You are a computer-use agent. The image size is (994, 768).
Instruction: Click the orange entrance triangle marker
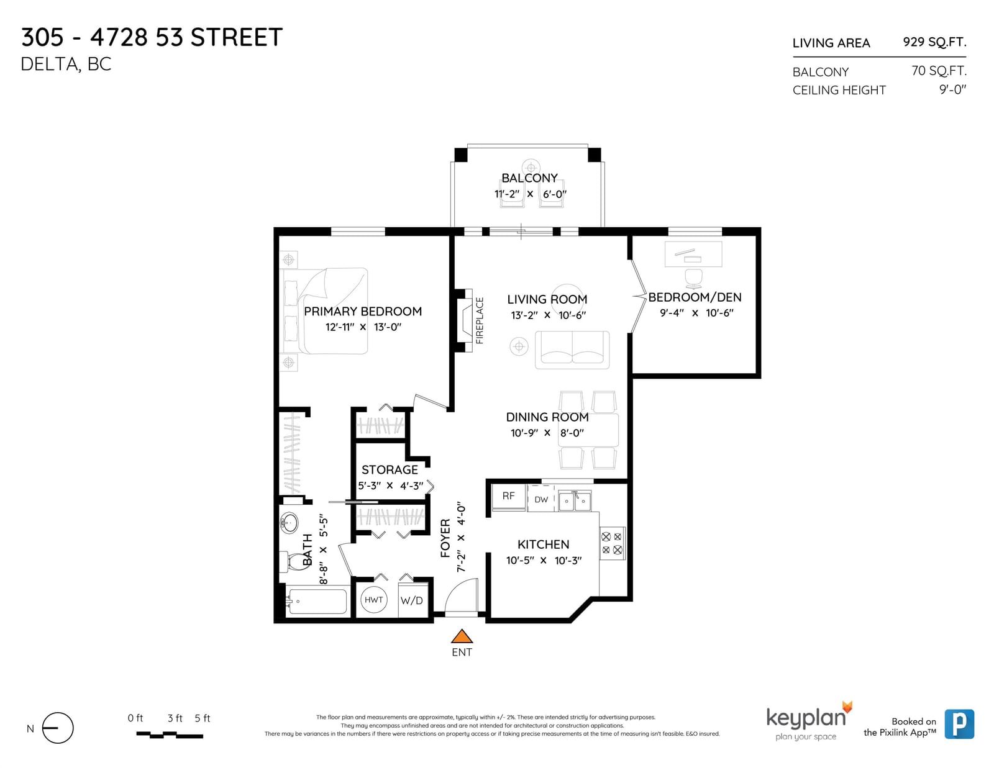tap(462, 637)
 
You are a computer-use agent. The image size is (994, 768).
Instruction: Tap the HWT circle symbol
tap(374, 600)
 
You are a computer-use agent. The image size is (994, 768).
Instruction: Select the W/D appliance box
tap(413, 600)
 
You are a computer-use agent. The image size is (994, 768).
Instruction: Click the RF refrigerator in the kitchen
tap(509, 497)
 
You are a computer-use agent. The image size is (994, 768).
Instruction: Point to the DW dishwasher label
tap(541, 500)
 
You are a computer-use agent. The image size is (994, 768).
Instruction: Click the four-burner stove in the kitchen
tap(612, 543)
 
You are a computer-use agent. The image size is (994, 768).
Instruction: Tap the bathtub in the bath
tap(316, 601)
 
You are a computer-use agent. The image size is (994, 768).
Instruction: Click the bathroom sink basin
tap(289, 522)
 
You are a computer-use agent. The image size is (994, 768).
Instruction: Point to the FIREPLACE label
tap(480, 320)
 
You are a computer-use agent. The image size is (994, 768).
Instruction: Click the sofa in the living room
tap(572, 350)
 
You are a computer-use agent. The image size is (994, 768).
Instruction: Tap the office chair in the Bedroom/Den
tap(693, 278)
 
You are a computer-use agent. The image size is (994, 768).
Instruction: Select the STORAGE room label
tap(390, 470)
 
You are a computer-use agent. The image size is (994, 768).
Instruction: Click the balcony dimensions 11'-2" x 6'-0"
tap(530, 194)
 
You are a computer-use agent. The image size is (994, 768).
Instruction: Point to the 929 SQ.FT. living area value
tap(934, 42)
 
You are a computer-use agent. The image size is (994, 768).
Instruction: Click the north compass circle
tap(58, 728)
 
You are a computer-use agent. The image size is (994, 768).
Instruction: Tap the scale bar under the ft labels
tap(170, 735)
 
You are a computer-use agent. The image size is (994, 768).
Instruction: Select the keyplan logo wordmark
tap(806, 718)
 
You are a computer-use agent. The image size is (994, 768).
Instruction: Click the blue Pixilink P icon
tap(959, 724)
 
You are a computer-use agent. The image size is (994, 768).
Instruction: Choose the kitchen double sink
tap(575, 501)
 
